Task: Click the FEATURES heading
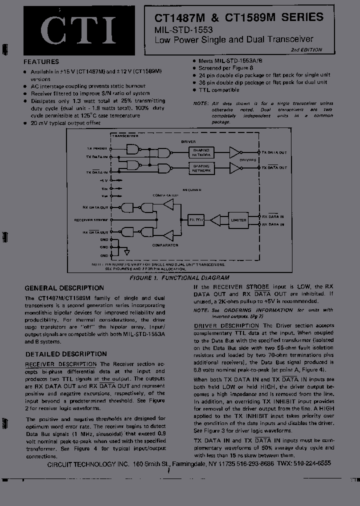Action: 41,62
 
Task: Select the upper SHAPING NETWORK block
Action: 201,152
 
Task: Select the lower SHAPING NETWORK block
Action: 201,168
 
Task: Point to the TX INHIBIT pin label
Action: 97,148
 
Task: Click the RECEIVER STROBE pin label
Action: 91,220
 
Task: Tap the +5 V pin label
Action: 103,180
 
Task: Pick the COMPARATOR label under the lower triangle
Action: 166,245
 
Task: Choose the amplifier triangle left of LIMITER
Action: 215,220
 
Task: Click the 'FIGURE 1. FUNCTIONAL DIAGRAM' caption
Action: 179,277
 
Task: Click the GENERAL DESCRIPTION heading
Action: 64,288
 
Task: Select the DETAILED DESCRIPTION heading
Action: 65,354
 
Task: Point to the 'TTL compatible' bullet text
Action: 219,90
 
